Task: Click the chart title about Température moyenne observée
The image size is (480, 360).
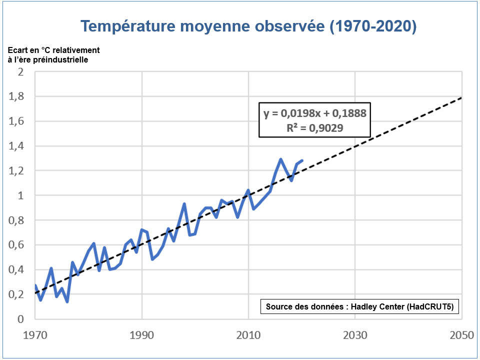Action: pos(248,26)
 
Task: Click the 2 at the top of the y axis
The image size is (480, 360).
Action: pos(20,72)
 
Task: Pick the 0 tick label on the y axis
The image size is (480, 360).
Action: pos(20,319)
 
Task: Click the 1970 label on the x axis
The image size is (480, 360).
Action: pos(35,335)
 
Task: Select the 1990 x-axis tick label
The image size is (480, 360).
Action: pos(142,335)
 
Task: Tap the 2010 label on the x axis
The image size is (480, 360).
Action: pos(248,335)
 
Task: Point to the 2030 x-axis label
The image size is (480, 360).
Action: pos(355,335)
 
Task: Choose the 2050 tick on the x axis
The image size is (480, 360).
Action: pos(460,335)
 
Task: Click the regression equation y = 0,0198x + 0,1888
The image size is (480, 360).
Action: pos(315,113)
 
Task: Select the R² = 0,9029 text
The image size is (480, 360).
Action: pos(315,128)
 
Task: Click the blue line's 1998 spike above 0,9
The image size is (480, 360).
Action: pos(184,204)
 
